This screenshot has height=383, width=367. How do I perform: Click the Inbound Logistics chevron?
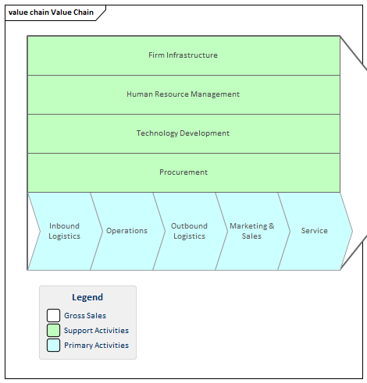pos(64,231)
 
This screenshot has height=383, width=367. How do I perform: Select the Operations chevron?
pos(126,231)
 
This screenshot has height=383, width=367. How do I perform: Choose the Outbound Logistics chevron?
pos(189,231)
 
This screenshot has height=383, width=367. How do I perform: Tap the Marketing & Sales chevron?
pos(251,231)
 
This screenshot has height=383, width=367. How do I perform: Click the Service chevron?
pos(315,231)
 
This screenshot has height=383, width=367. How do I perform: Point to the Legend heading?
pos(87,297)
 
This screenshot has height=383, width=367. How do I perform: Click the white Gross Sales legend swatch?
pos(53,316)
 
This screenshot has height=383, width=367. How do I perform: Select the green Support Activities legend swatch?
pos(53,331)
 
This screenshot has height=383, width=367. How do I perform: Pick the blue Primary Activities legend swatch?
pos(53,346)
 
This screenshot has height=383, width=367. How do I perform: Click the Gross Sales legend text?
pos(85,316)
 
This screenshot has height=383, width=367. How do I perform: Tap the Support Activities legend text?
pos(96,331)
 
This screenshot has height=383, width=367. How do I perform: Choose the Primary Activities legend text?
pos(96,346)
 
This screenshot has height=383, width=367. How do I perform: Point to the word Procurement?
pos(183,172)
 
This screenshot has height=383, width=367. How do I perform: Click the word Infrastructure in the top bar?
pos(194,55)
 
